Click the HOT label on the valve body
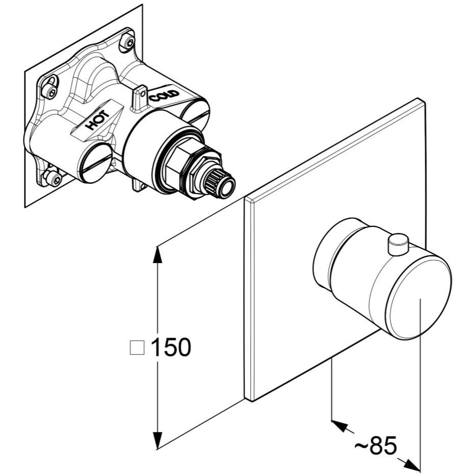(x=97, y=120)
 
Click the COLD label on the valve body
(x=164, y=96)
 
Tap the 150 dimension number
(x=171, y=347)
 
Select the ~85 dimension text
(x=376, y=446)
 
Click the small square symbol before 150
(x=137, y=347)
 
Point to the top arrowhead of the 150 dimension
(x=157, y=254)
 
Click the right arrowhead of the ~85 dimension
(x=413, y=464)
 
